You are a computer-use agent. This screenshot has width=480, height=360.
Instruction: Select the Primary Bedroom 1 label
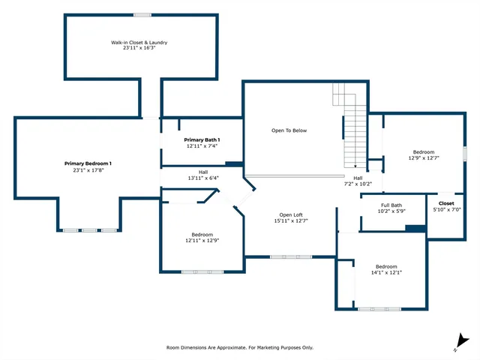pyautogui.click(x=88, y=163)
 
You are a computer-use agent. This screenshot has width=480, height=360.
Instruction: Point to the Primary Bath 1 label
pyautogui.click(x=202, y=140)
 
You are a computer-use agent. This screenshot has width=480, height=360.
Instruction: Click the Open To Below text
pyautogui.click(x=289, y=130)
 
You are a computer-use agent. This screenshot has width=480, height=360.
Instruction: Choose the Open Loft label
pyautogui.click(x=291, y=214)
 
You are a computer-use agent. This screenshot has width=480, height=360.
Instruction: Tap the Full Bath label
pyautogui.click(x=391, y=205)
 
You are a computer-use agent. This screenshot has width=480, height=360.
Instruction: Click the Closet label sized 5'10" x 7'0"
pyautogui.click(x=446, y=203)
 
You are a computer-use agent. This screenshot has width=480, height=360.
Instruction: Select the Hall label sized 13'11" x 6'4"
pyautogui.click(x=202, y=172)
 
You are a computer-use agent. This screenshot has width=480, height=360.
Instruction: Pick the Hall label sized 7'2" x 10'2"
pyautogui.click(x=358, y=178)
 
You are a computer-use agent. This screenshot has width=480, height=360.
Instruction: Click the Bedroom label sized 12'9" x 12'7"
pyautogui.click(x=423, y=152)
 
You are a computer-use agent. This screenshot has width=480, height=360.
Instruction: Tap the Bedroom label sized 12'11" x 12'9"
pyautogui.click(x=202, y=234)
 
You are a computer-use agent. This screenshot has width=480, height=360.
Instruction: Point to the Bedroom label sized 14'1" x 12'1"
pyautogui.click(x=386, y=267)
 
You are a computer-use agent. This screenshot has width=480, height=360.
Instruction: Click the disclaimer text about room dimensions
pyautogui.click(x=239, y=348)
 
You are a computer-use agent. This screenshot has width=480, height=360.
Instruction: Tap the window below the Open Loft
pyautogui.click(x=291, y=257)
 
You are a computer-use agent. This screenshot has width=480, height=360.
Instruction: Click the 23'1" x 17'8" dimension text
pyautogui.click(x=88, y=169)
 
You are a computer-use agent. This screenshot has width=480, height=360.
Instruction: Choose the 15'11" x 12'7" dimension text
pyautogui.click(x=291, y=220)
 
